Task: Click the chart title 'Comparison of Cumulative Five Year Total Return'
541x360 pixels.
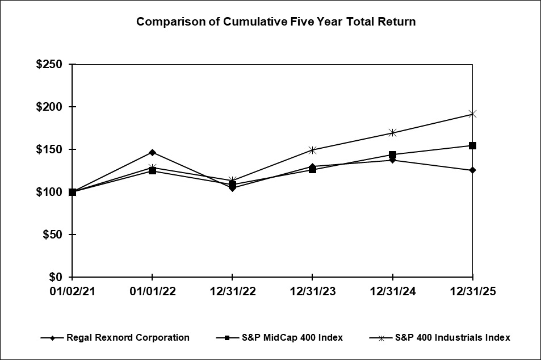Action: coord(276,22)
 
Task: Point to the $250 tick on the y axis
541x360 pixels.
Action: coord(49,64)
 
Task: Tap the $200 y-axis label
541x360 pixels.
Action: coord(49,107)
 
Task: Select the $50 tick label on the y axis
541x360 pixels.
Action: coord(52,235)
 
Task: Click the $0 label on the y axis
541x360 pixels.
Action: coord(57,277)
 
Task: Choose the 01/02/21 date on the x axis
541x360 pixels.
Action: coord(72,291)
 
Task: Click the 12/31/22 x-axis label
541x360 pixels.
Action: coord(232,291)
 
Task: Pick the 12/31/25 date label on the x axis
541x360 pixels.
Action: coord(472,291)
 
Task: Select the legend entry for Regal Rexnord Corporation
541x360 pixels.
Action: coord(128,337)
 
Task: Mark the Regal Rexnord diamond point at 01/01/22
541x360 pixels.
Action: coord(152,152)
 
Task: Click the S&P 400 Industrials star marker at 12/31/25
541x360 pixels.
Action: coord(472,114)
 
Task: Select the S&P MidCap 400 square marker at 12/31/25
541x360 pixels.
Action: coord(472,145)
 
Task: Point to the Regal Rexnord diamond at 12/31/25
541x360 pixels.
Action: coord(472,170)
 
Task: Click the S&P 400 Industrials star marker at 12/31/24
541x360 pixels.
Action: coord(392,133)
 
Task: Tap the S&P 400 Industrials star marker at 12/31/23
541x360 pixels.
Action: coord(312,150)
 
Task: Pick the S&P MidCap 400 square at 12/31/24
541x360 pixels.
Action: coord(392,154)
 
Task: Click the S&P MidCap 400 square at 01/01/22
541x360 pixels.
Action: coord(152,170)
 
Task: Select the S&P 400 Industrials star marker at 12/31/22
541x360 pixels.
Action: coord(232,180)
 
